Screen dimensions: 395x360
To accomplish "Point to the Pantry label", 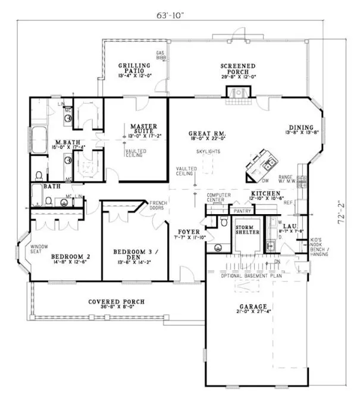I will [242, 210].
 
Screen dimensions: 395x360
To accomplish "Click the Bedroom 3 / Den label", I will [132, 255].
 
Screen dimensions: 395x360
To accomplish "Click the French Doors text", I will [157, 205].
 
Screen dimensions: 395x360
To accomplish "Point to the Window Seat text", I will [39, 250].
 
